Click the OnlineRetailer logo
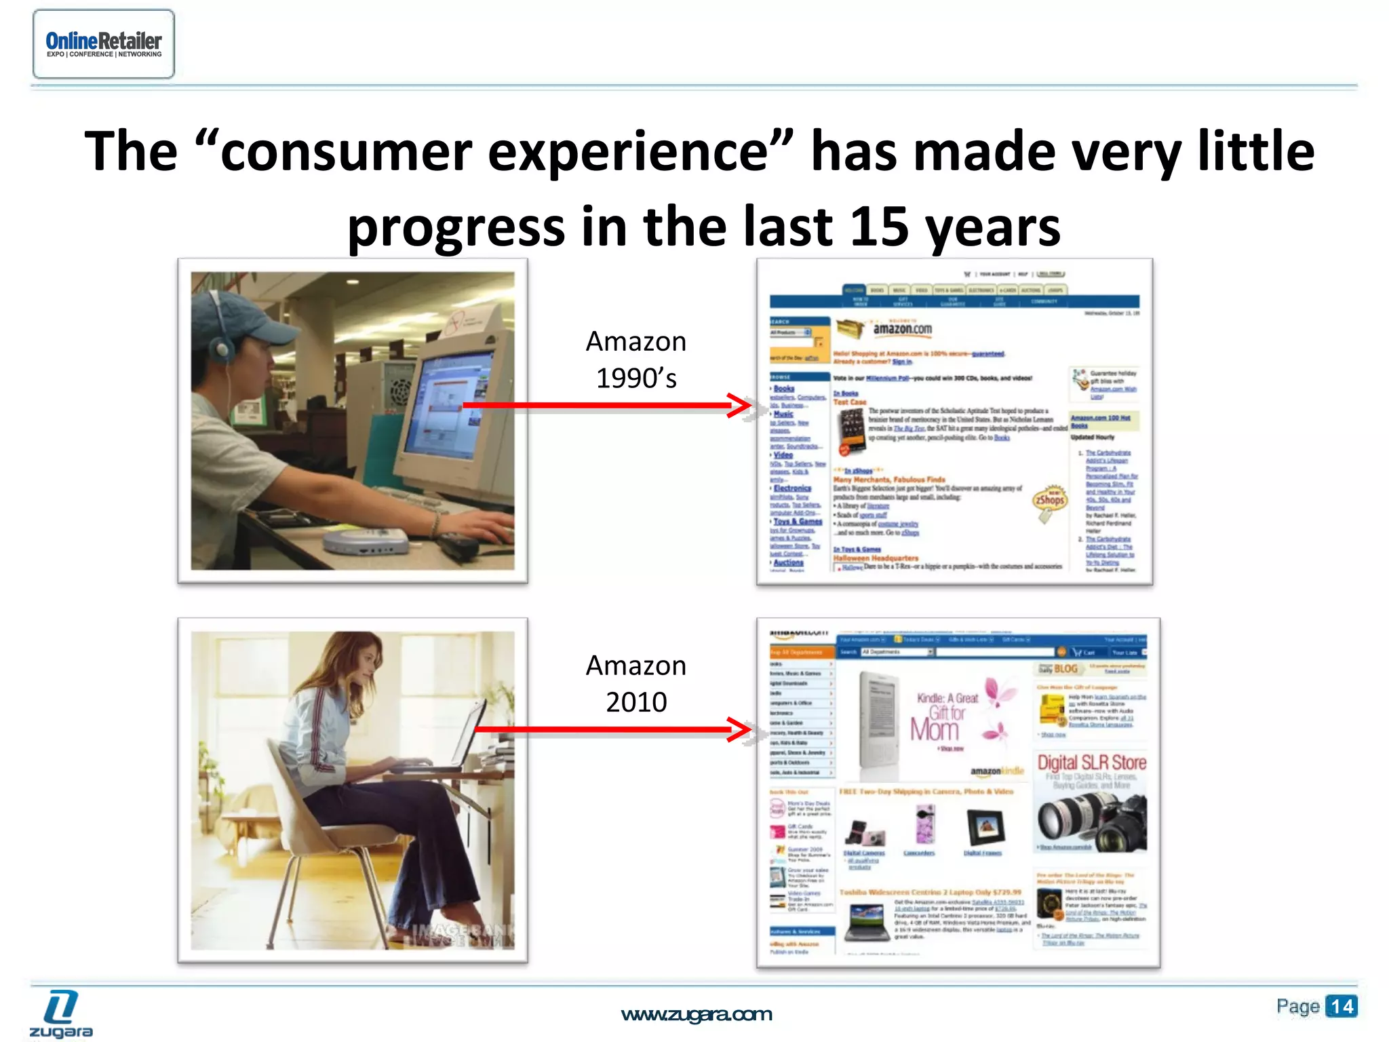pyautogui.click(x=103, y=44)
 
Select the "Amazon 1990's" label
pyautogui.click(x=635, y=360)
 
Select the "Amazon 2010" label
pyautogui.click(x=635, y=684)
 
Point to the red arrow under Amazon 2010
pyautogui.click(x=610, y=730)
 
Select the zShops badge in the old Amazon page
pyautogui.click(x=1049, y=501)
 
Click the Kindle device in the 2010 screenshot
pyautogui.click(x=879, y=726)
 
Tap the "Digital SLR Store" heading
pyautogui.click(x=1091, y=763)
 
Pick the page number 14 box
pyautogui.click(x=1340, y=1006)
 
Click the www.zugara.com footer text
pyautogui.click(x=696, y=1015)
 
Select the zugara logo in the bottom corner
pyautogui.click(x=61, y=1014)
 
